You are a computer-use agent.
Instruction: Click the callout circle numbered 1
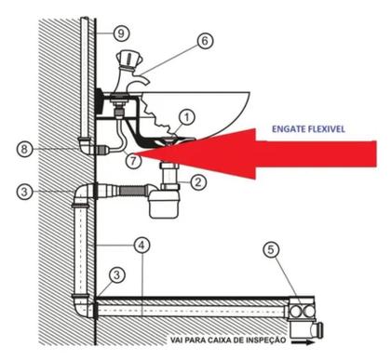(187, 117)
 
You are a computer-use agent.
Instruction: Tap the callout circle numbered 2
(197, 182)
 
